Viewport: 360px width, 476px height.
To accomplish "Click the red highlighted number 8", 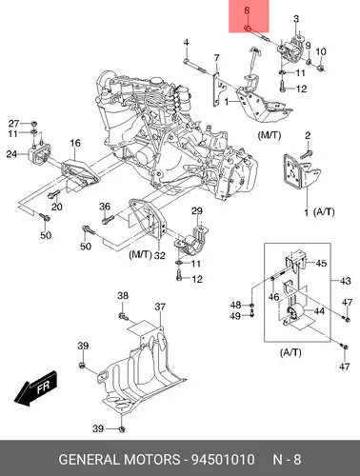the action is pyautogui.click(x=247, y=10).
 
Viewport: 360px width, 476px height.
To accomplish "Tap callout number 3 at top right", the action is pyautogui.click(x=296, y=19).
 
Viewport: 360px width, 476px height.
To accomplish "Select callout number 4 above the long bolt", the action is pyautogui.click(x=187, y=43).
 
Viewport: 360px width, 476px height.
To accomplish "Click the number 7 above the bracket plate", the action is pyautogui.click(x=216, y=58).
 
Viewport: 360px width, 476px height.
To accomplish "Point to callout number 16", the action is pyautogui.click(x=75, y=143).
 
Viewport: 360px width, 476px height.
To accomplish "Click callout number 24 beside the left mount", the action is pyautogui.click(x=11, y=154).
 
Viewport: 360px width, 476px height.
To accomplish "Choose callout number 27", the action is pyautogui.click(x=13, y=124).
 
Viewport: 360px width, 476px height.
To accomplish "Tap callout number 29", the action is pyautogui.click(x=197, y=211).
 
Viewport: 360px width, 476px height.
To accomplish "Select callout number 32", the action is pyautogui.click(x=160, y=255).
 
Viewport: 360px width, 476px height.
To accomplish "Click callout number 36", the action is pyautogui.click(x=105, y=207).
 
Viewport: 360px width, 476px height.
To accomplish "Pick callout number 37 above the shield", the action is pyautogui.click(x=160, y=307).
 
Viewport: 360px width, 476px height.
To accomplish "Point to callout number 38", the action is pyautogui.click(x=123, y=296).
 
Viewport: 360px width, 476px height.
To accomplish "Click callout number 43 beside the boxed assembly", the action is pyautogui.click(x=346, y=281).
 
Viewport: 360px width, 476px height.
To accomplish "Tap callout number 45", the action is pyautogui.click(x=321, y=263).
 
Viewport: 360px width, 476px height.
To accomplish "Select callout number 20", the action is pyautogui.click(x=57, y=207).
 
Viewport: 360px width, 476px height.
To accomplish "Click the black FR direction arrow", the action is pyautogui.click(x=36, y=388).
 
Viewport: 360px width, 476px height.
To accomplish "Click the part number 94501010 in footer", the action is pyautogui.click(x=223, y=460).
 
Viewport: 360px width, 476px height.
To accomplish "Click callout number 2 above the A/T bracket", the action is pyautogui.click(x=308, y=136).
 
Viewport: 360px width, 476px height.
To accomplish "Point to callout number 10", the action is pyautogui.click(x=321, y=51).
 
